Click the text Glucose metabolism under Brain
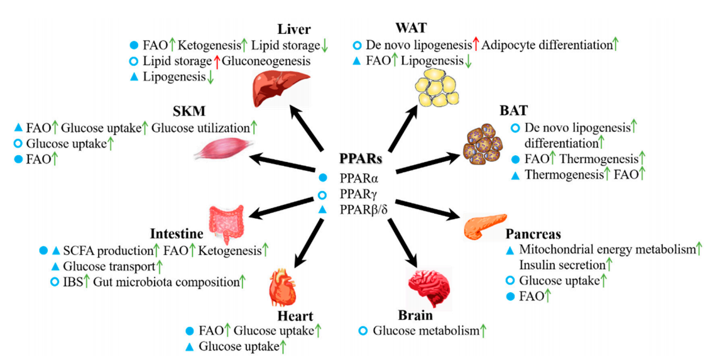coord(425,331)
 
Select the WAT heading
coord(412,28)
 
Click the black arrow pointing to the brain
coord(403,241)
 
